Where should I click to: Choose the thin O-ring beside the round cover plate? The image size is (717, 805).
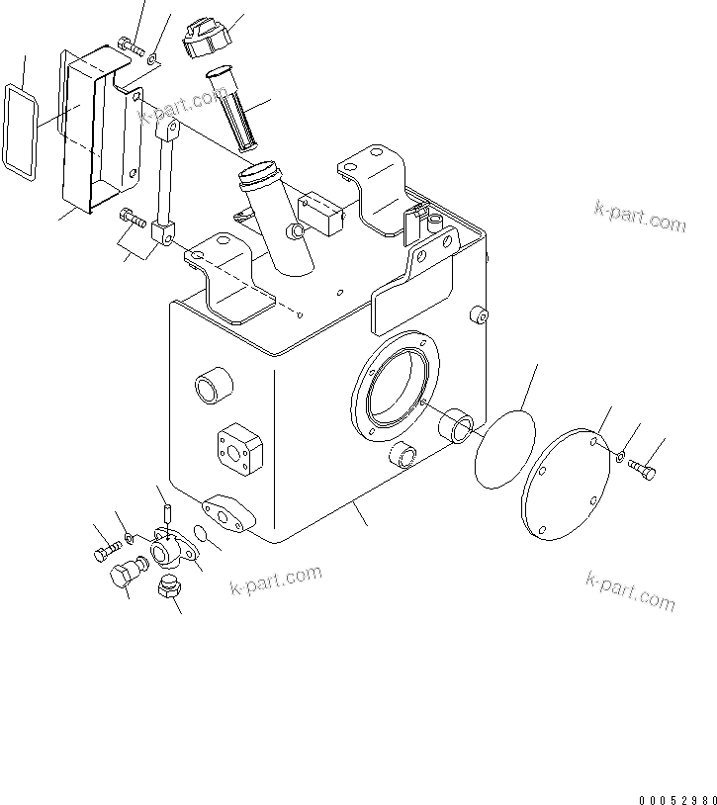point(505,450)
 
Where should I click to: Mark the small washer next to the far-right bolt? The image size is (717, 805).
point(617,457)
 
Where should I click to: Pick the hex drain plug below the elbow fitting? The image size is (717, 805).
point(169,592)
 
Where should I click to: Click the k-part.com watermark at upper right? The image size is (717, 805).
point(640,216)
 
